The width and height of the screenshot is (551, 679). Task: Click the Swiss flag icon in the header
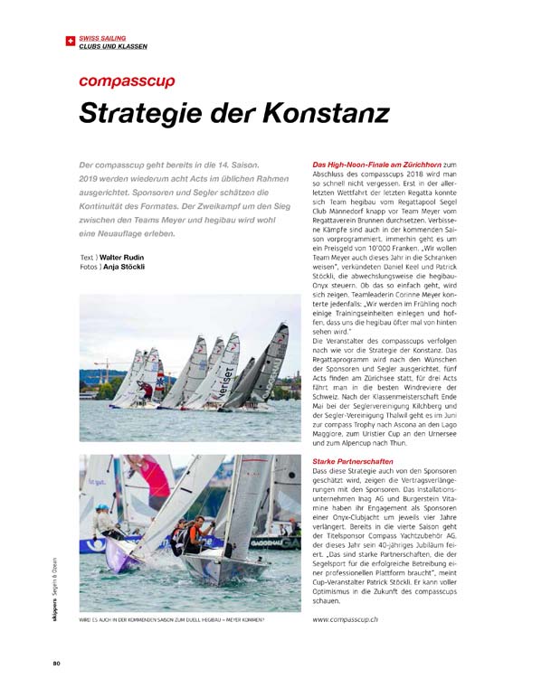point(72,41)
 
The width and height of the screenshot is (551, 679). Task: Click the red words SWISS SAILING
point(102,38)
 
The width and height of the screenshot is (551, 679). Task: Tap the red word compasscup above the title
point(127,81)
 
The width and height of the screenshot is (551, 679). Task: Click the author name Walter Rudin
point(120,258)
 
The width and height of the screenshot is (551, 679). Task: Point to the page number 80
point(56,663)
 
